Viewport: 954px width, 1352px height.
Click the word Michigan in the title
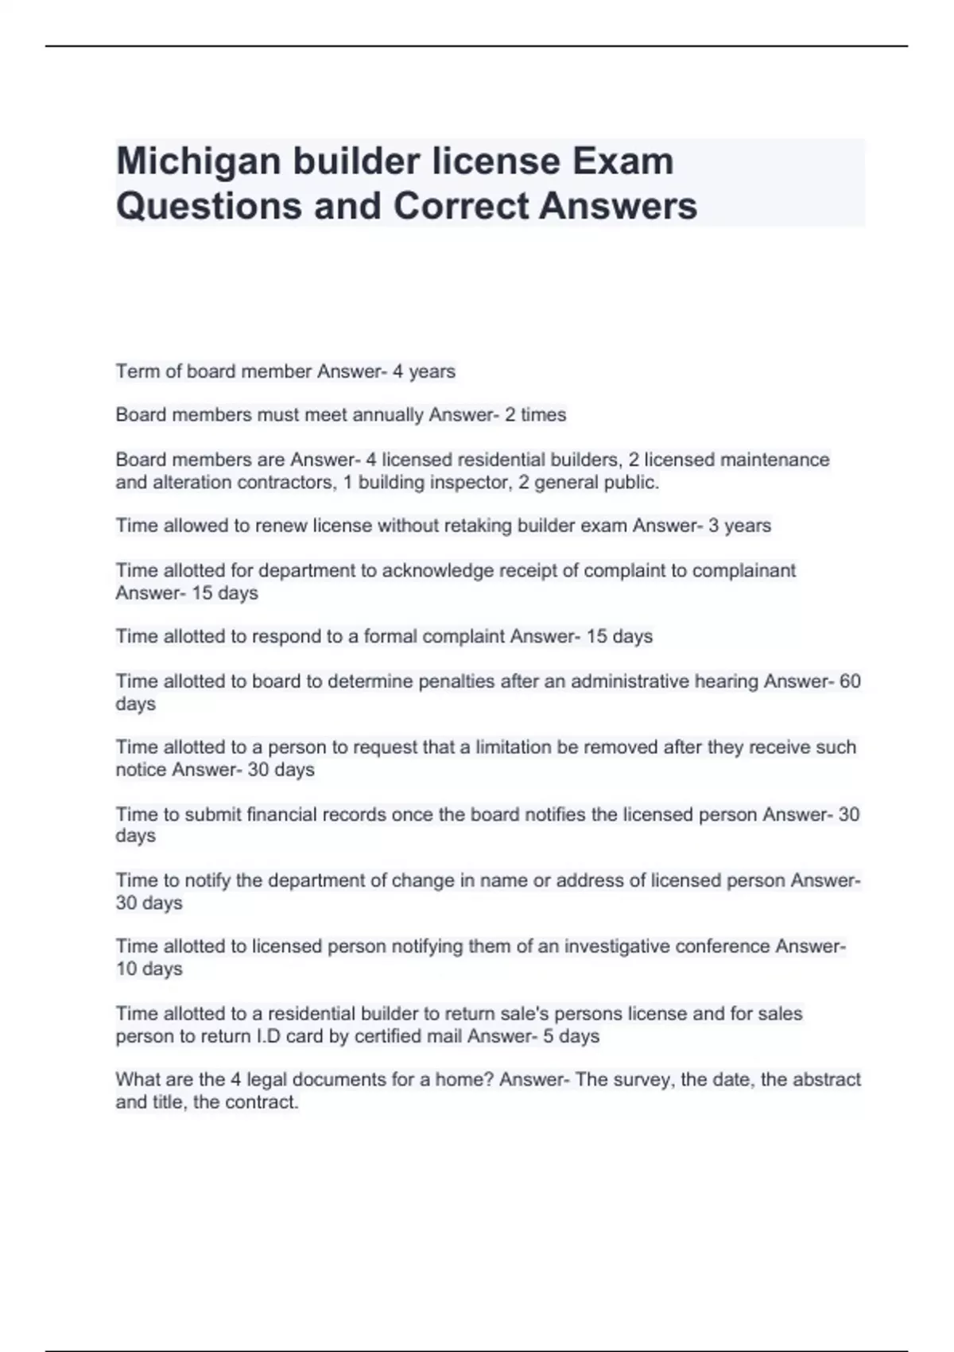(198, 161)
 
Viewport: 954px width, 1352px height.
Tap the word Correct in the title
(460, 206)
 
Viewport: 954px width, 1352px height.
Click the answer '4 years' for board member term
(424, 371)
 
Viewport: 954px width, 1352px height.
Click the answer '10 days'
(149, 969)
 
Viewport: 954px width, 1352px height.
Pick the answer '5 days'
(572, 1036)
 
